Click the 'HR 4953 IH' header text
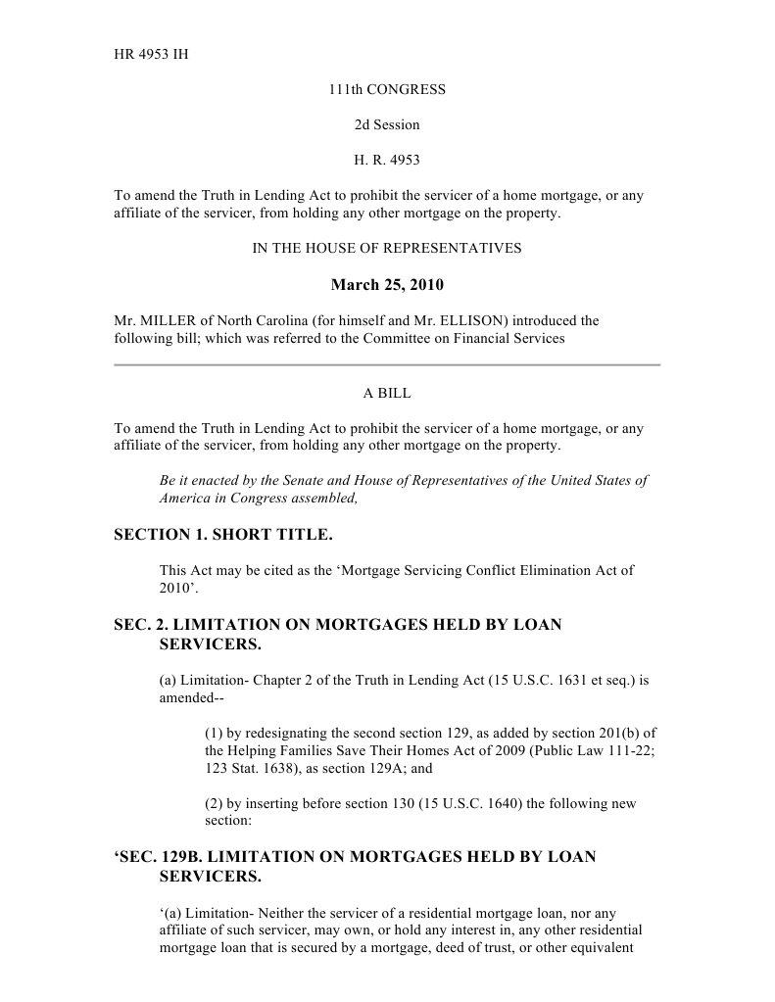click(x=152, y=54)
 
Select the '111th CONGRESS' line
click(x=387, y=89)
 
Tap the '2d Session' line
click(x=387, y=124)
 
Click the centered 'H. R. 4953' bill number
click(x=387, y=160)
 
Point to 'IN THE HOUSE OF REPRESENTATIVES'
click(x=387, y=249)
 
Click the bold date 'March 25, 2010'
click(x=387, y=286)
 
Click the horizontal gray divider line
click(x=387, y=364)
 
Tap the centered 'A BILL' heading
click(x=387, y=393)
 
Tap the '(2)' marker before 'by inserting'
click(x=215, y=804)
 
